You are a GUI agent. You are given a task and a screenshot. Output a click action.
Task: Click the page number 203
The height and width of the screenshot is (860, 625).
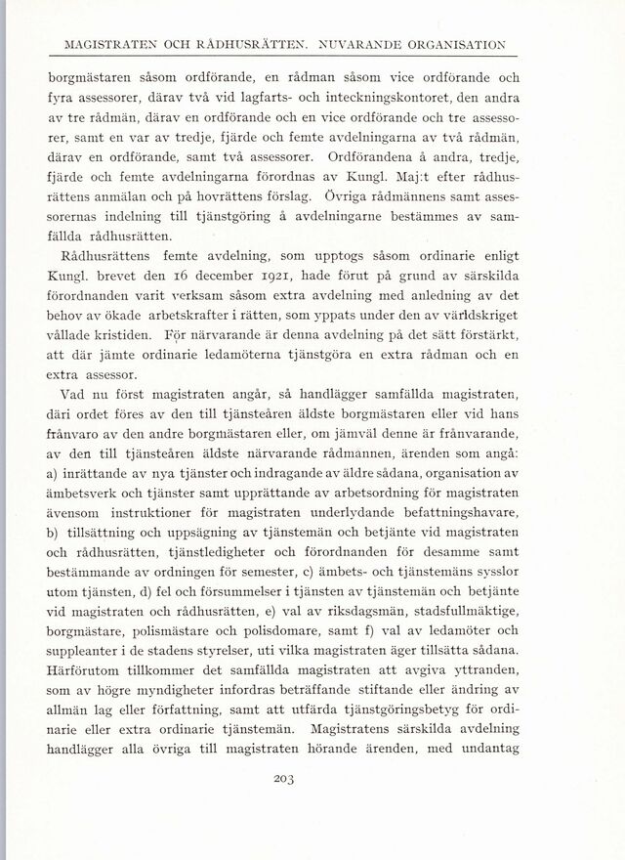(312, 779)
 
